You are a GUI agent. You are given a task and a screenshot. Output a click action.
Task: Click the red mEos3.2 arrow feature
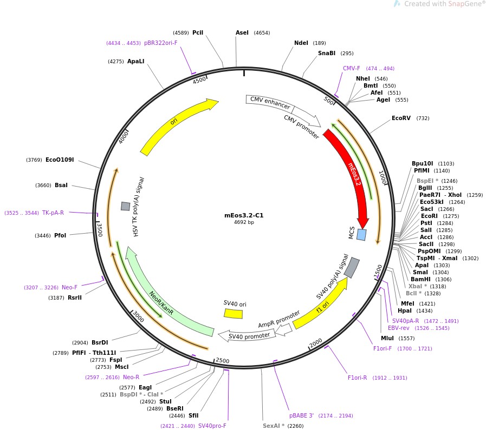(349, 173)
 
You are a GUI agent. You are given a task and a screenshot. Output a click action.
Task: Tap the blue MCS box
(361, 235)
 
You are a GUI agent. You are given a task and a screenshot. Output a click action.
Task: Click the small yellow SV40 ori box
(233, 313)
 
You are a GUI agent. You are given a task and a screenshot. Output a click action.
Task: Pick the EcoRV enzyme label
(401, 118)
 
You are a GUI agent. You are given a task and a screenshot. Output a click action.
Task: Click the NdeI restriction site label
(301, 43)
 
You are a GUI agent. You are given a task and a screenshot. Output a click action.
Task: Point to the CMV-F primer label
(351, 69)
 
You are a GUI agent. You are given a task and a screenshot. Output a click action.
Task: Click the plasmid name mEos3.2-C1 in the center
(243, 215)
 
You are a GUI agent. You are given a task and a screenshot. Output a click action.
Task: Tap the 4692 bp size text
(243, 222)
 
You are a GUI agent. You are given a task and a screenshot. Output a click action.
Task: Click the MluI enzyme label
(387, 339)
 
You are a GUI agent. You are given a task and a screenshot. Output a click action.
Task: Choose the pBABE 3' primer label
(301, 415)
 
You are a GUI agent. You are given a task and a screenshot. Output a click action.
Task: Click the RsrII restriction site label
(75, 297)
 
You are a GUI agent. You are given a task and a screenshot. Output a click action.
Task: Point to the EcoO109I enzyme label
(60, 160)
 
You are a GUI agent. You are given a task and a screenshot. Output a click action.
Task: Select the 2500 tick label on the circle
(222, 361)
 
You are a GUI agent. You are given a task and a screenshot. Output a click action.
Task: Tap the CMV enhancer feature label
(270, 103)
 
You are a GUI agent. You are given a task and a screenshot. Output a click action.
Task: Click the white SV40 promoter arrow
(247, 336)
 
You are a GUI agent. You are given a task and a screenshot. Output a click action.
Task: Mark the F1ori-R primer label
(358, 378)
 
